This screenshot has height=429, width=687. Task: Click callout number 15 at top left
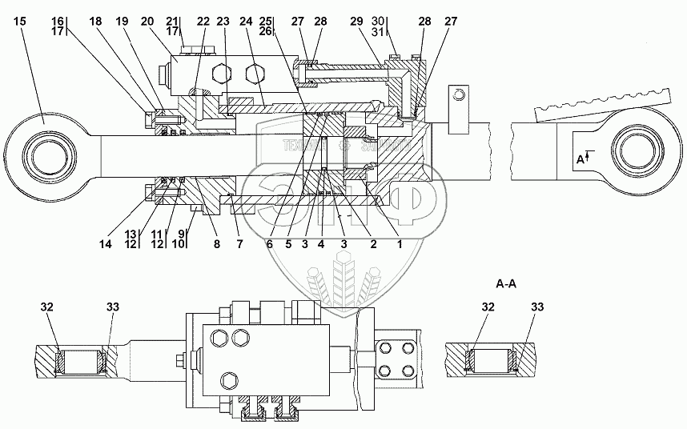tap(20, 21)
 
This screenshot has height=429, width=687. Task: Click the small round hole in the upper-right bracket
tap(458, 95)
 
